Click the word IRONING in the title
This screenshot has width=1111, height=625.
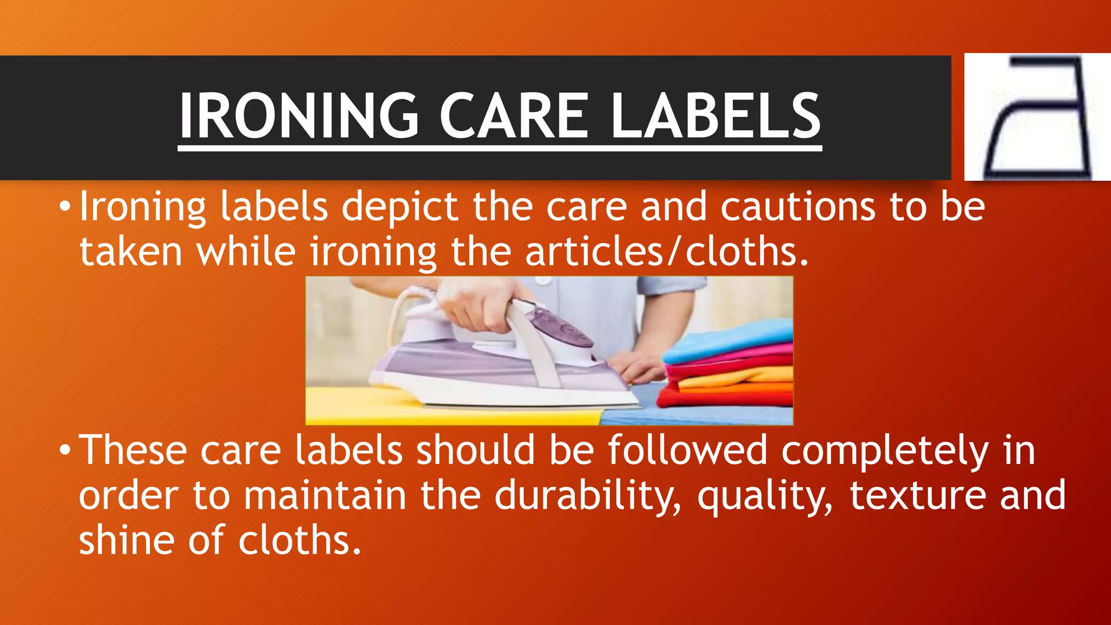coord(299,116)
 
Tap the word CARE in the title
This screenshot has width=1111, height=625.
coord(513,116)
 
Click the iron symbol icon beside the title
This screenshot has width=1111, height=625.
coord(1036,117)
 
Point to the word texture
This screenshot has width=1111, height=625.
coord(917,496)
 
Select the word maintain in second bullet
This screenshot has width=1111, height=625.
coord(324,496)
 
